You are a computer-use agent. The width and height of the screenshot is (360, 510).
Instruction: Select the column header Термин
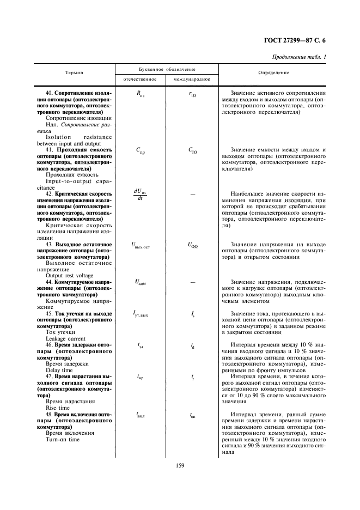coord(75,73)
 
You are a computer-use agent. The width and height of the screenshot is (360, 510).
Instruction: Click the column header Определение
coord(274,73)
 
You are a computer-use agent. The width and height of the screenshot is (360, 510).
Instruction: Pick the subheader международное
coord(193,80)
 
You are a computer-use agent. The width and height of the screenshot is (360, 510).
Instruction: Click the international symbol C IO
coord(193,151)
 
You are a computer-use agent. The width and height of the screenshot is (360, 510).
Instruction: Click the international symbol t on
coord(193,415)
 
